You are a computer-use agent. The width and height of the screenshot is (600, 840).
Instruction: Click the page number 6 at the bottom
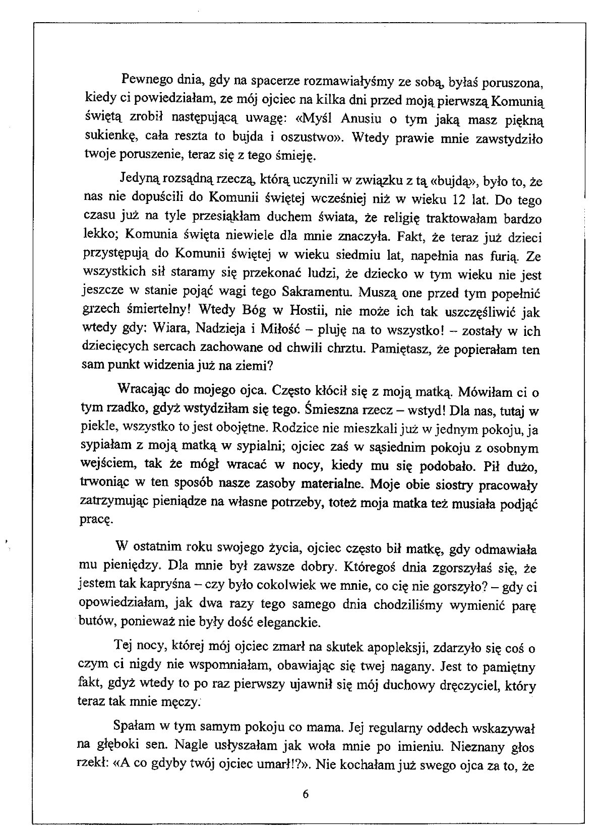coord(305,795)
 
